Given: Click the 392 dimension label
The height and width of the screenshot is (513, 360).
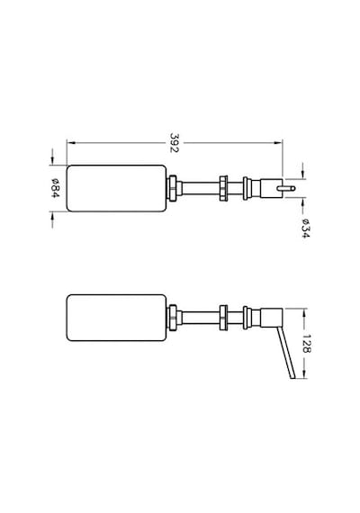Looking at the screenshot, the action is [175, 142].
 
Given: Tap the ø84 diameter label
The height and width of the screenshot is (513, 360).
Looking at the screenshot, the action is [55, 188].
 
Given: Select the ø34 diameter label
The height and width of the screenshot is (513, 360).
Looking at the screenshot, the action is [305, 228].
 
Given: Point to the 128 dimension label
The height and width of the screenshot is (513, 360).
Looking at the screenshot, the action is [306, 344].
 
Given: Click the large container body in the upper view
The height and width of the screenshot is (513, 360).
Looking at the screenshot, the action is [116, 188].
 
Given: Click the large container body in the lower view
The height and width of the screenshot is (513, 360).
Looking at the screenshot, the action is [116, 318].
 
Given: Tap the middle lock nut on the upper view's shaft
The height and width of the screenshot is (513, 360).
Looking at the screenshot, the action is [223, 188].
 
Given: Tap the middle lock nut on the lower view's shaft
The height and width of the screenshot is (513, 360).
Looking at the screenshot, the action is [223, 318].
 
